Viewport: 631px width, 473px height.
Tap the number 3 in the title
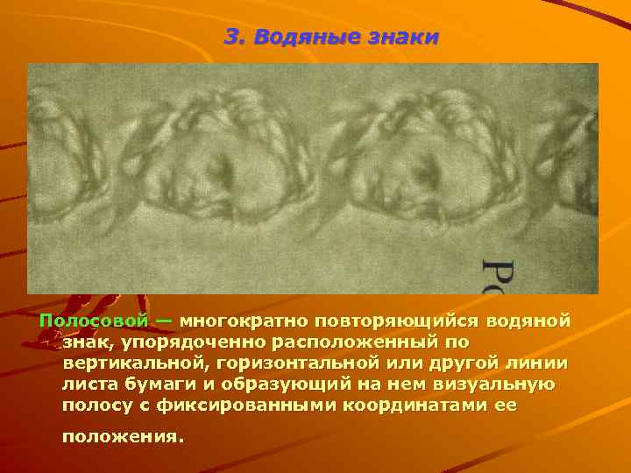point(231,38)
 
